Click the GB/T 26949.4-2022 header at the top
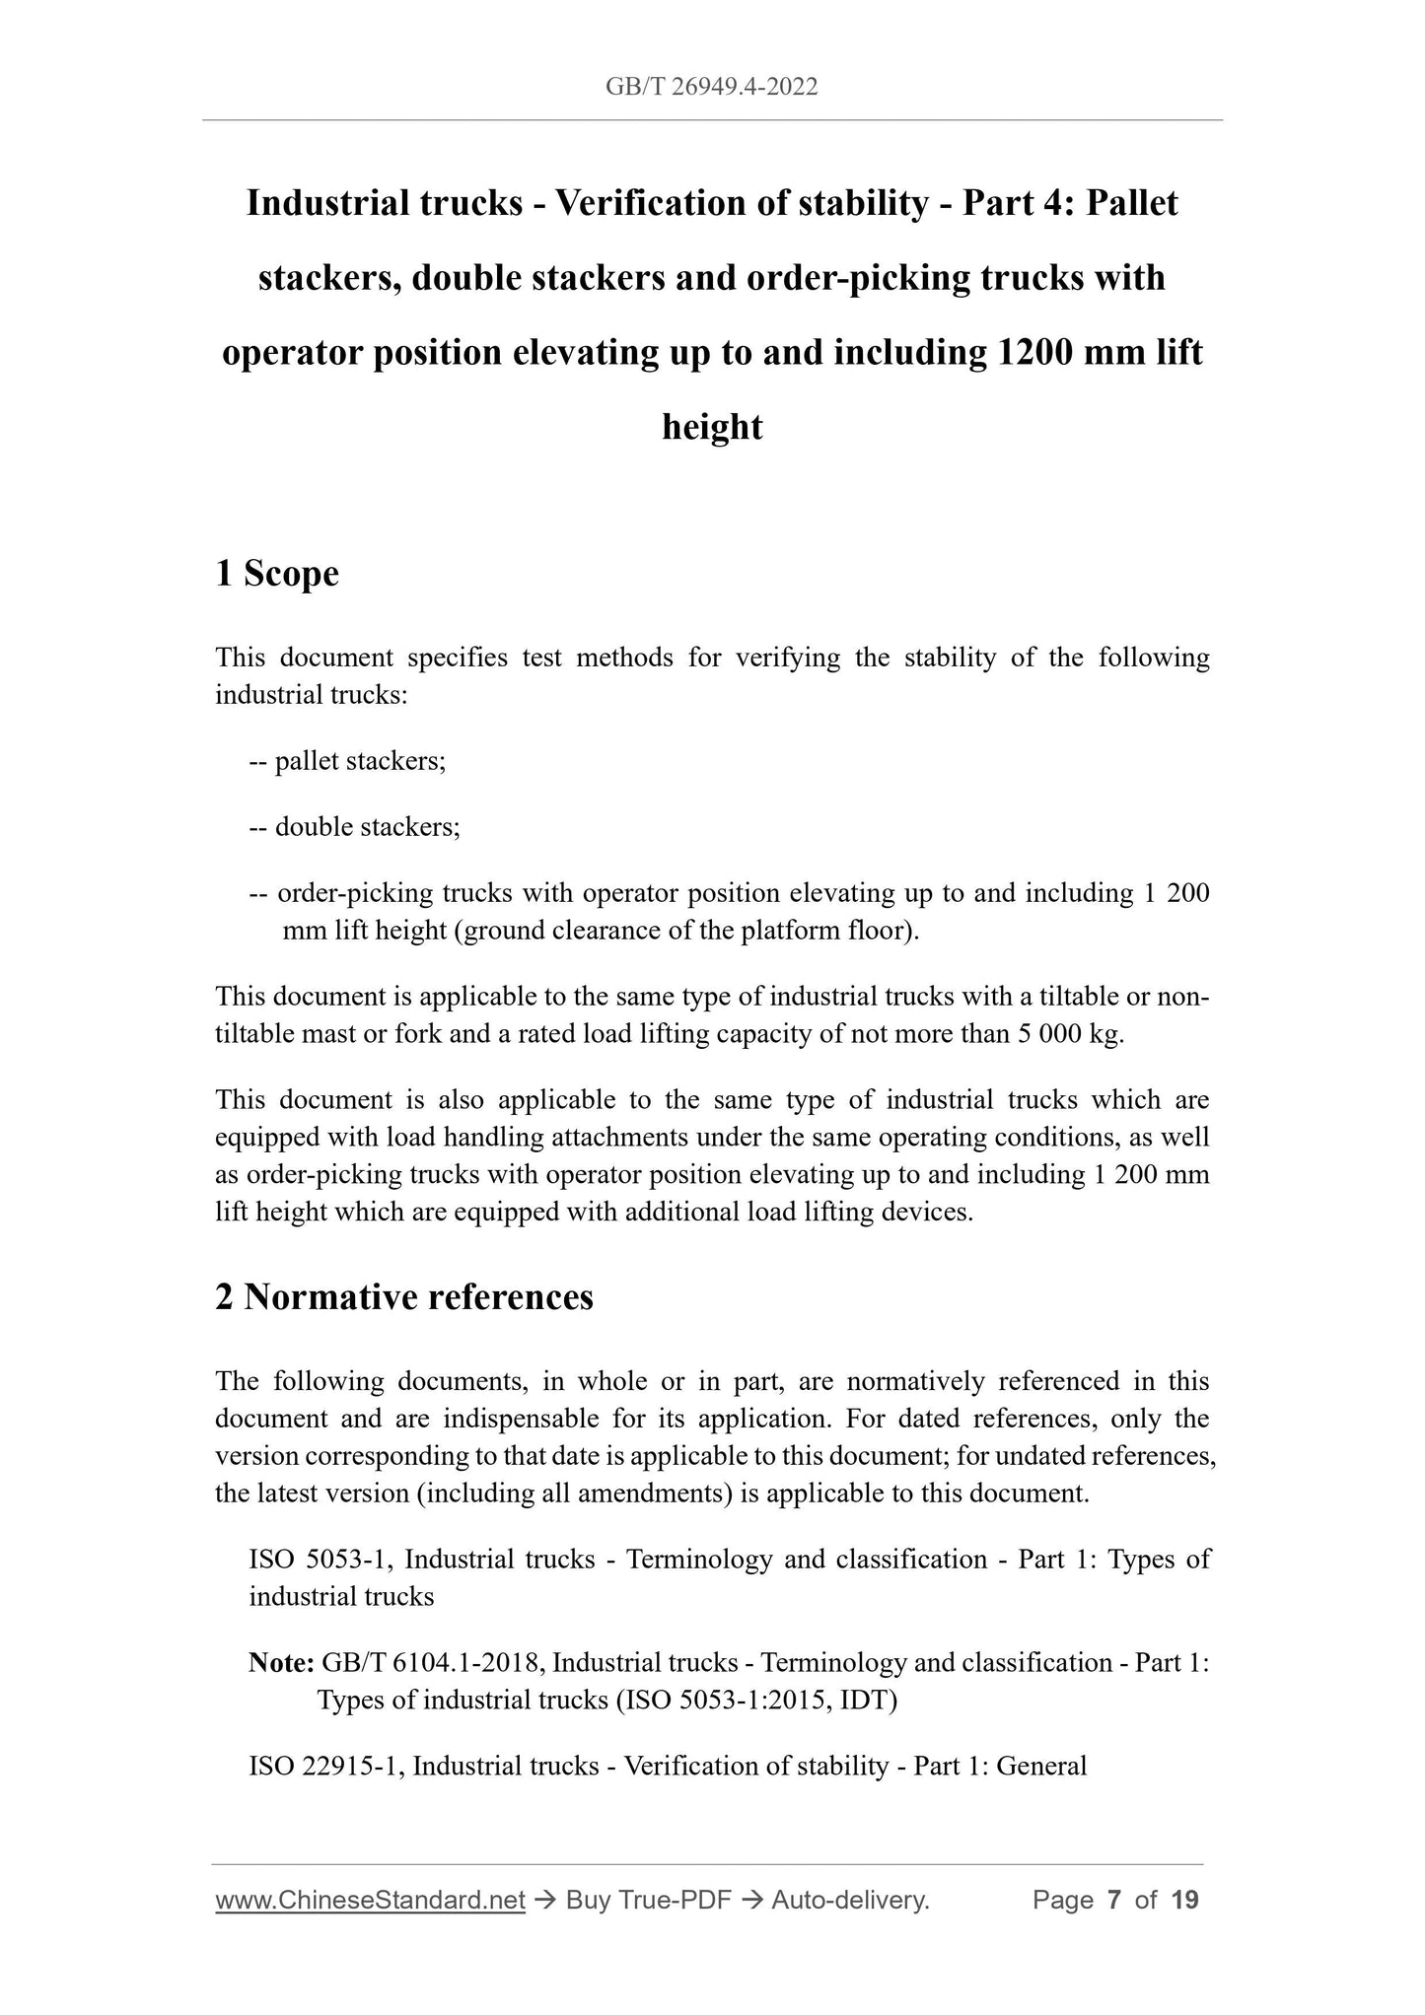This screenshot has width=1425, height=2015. pyautogui.click(x=711, y=88)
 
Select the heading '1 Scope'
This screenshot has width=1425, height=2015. pyautogui.click(x=277, y=573)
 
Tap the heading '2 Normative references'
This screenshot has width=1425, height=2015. pyautogui.click(x=404, y=1297)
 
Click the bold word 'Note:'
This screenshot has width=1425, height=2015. pyautogui.click(x=281, y=1663)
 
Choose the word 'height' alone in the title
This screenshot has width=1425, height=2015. pyautogui.click(x=712, y=427)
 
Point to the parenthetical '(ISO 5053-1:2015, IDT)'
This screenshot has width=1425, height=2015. pyautogui.click(x=755, y=1701)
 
